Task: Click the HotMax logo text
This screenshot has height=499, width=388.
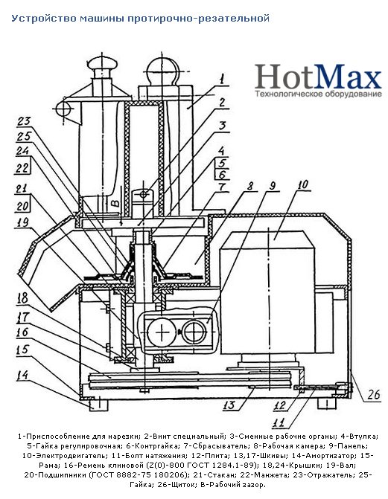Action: click(x=318, y=77)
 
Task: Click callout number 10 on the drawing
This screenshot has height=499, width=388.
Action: click(x=303, y=184)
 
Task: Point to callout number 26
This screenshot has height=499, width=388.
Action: click(x=373, y=395)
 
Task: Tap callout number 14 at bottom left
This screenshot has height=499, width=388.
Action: click(x=22, y=375)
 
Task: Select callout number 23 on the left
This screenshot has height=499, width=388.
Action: click(x=24, y=121)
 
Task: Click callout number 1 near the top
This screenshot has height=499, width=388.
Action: click(x=222, y=79)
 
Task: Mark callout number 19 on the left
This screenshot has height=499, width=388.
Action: click(x=22, y=222)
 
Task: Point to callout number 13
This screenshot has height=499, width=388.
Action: click(x=229, y=405)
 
